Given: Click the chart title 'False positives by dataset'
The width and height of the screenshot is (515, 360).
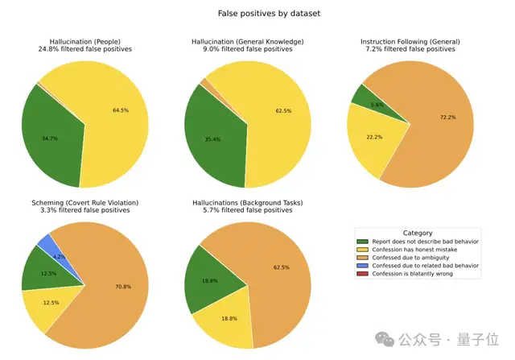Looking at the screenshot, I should [x=257, y=14].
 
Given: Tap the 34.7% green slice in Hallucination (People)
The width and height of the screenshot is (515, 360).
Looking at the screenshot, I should [x=52, y=137].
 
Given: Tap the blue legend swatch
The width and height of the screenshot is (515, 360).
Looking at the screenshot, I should [x=362, y=264].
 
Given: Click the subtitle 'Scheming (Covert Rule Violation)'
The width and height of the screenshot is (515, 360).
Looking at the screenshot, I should [x=85, y=202].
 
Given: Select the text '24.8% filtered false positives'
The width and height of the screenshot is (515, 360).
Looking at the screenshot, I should [x=85, y=49].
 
